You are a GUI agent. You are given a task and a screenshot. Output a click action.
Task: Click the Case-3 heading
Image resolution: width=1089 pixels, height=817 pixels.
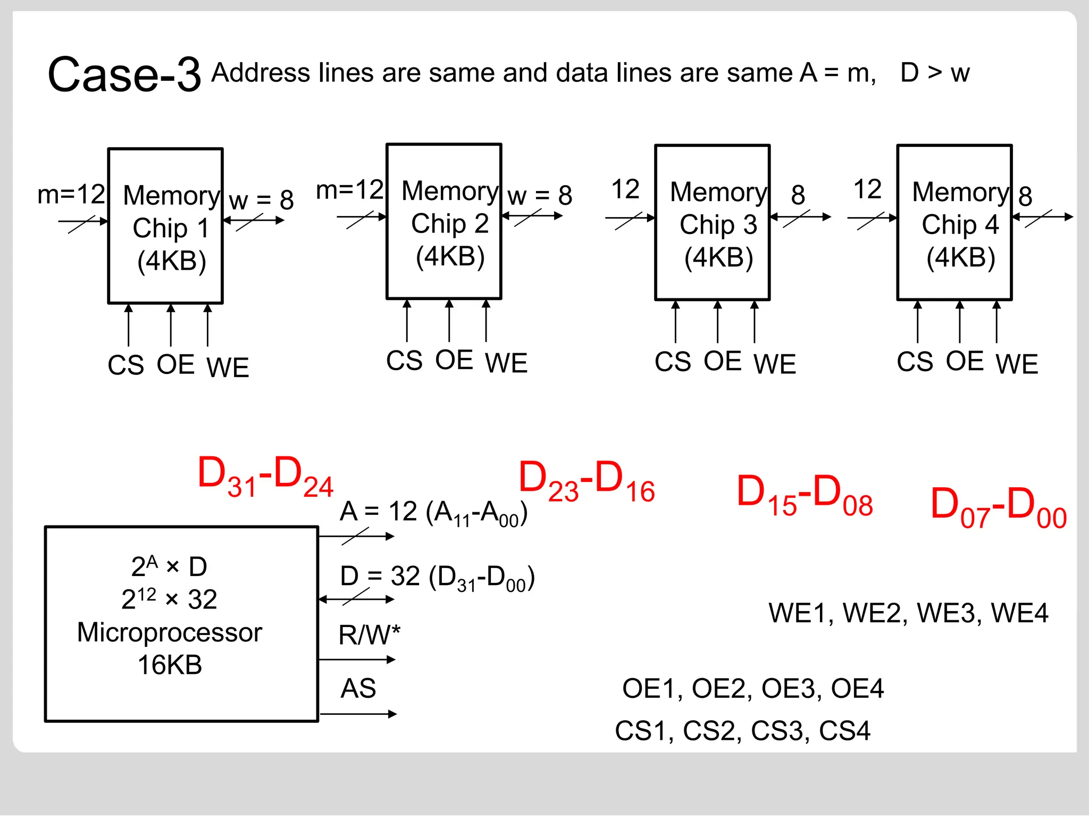(124, 75)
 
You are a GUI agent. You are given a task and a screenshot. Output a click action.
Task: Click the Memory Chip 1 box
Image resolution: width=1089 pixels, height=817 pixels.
(165, 226)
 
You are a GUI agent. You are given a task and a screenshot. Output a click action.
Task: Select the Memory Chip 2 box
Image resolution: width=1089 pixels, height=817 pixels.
(444, 222)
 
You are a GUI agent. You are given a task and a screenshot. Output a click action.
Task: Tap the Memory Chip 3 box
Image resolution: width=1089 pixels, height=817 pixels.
(713, 223)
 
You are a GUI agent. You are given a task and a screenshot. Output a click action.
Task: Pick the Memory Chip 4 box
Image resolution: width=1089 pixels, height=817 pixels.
(954, 223)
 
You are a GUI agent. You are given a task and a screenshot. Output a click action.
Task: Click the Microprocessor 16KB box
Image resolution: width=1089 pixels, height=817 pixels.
(181, 624)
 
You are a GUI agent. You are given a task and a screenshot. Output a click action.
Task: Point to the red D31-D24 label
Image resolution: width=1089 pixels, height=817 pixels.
(265, 477)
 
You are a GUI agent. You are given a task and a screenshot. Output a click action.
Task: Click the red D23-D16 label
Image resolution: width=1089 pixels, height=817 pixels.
(587, 481)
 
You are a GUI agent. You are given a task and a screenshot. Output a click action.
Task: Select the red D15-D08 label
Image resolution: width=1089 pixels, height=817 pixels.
(805, 495)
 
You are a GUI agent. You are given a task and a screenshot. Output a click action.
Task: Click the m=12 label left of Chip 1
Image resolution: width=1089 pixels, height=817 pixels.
(71, 194)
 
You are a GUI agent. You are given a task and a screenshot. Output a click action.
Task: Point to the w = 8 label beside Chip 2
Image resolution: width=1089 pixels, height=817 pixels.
(540, 196)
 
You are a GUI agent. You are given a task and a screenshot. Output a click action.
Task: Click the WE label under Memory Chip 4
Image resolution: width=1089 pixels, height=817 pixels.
(1017, 364)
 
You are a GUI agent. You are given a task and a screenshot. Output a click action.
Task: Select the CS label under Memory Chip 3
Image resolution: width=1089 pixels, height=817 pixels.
(673, 362)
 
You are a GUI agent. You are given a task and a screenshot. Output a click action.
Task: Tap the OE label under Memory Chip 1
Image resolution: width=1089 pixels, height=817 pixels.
(175, 365)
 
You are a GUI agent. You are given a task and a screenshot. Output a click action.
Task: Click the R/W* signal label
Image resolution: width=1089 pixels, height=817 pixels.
(369, 635)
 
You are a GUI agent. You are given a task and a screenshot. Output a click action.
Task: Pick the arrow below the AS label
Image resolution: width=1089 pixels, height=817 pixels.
(358, 714)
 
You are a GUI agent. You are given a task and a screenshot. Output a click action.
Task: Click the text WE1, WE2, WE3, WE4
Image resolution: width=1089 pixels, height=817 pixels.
(908, 613)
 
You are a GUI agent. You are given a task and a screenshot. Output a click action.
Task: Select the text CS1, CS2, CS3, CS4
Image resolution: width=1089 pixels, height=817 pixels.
(742, 731)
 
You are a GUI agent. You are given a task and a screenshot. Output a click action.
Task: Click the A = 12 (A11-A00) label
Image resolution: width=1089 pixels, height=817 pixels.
(433, 513)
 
